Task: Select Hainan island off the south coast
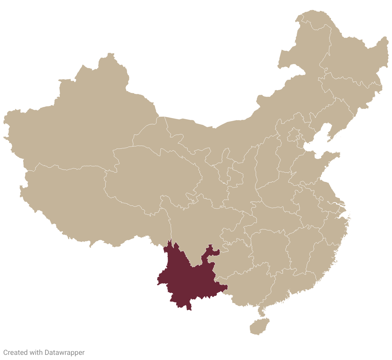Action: tap(259, 326)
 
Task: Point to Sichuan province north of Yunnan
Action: tap(196, 225)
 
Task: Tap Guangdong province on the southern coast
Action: tap(289, 283)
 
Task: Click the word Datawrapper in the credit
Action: tap(65, 352)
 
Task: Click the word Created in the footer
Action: tap(15, 352)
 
